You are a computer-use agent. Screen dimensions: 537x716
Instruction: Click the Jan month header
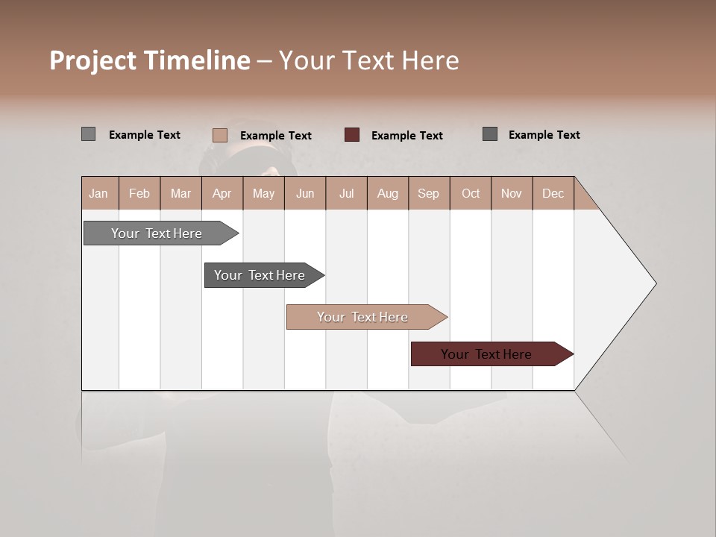click(99, 193)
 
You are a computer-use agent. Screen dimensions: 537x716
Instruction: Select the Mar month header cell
click(180, 193)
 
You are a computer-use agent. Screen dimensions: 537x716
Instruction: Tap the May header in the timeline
click(263, 193)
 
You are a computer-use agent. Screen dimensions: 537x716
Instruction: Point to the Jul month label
click(346, 193)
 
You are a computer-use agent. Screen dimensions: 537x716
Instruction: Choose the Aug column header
click(387, 193)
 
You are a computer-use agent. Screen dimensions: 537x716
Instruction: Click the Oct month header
click(470, 193)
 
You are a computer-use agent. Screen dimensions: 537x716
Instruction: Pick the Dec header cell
click(553, 193)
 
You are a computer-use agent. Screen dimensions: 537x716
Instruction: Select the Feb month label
click(139, 193)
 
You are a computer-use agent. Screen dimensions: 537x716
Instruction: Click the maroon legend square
click(352, 135)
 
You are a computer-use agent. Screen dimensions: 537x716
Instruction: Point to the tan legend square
click(219, 135)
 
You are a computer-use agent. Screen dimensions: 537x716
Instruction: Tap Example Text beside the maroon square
click(406, 136)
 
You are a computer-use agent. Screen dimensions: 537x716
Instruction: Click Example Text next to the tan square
click(275, 136)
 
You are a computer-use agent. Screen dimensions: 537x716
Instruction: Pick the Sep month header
click(428, 193)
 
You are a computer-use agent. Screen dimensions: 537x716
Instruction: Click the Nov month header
click(511, 193)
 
